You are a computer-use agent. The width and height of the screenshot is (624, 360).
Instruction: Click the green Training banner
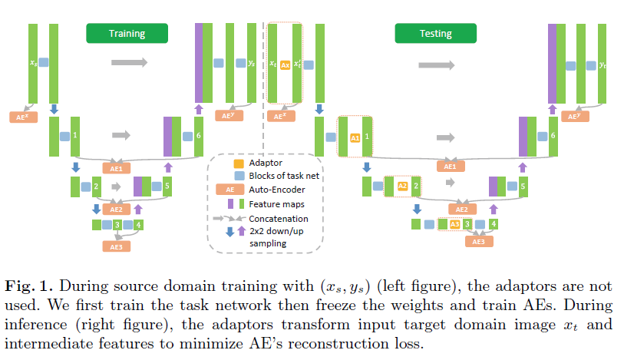tap(127, 33)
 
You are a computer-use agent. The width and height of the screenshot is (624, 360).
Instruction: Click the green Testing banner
tap(435, 33)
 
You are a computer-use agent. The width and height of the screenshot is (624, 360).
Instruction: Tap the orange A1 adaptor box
tap(355, 137)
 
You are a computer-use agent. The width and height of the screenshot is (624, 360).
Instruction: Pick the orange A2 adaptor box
tap(402, 186)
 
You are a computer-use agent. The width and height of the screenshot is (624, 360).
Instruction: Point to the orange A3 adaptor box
tap(454, 224)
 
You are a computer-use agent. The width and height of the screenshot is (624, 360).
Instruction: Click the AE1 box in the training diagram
tap(116, 167)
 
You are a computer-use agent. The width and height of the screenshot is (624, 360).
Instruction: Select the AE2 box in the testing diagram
tap(462, 209)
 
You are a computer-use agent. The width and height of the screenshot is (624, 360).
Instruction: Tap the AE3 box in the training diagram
tap(116, 246)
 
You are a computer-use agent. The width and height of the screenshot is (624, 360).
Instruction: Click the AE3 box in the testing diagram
tap(477, 241)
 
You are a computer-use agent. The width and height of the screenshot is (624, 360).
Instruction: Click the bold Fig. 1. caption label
tap(28, 285)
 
